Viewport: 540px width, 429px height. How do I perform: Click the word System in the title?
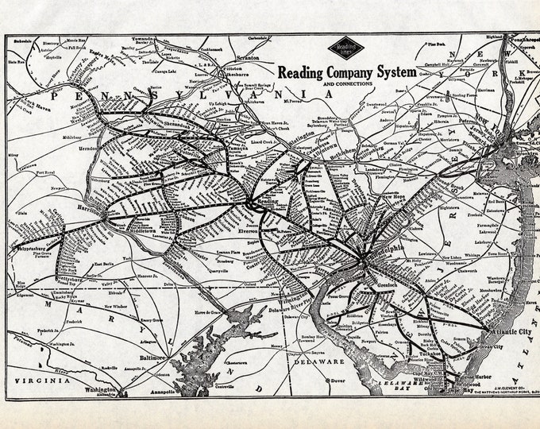point(392,71)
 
